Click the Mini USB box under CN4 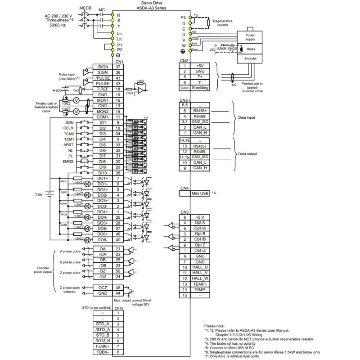(x=194, y=193)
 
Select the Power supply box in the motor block (x=250, y=37)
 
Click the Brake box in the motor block (x=250, y=49)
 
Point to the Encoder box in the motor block (x=250, y=59)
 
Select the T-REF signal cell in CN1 (x=102, y=89)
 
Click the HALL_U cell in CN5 (x=200, y=267)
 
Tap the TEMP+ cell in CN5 (x=200, y=284)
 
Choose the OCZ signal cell (x=102, y=287)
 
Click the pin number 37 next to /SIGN (x=118, y=66)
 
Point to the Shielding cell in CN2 (x=200, y=88)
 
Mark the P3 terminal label (x=177, y=18)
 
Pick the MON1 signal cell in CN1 (x=102, y=100)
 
